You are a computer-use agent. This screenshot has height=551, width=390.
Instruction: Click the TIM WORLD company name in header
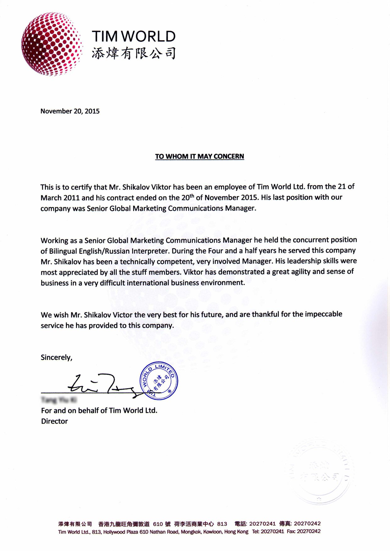tap(134, 36)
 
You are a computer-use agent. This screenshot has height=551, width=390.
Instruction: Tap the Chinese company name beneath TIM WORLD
tap(134, 53)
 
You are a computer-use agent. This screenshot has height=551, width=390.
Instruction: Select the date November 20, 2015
tap(70, 111)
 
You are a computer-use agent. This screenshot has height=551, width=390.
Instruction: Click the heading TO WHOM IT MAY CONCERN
tap(200, 156)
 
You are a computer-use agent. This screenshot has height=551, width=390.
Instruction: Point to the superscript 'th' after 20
tap(192, 195)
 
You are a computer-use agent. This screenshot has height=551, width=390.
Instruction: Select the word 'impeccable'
tap(323, 314)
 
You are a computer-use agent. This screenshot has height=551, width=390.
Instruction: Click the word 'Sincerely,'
tap(57, 358)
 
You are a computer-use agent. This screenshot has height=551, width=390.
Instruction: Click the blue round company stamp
tap(159, 381)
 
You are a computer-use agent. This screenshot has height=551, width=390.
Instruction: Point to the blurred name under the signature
tap(59, 400)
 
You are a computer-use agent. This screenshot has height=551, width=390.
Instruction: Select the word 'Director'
tap(54, 421)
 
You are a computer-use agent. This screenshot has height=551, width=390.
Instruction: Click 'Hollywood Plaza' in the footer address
tap(121, 532)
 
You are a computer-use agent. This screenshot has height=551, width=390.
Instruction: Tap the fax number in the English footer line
tap(309, 532)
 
